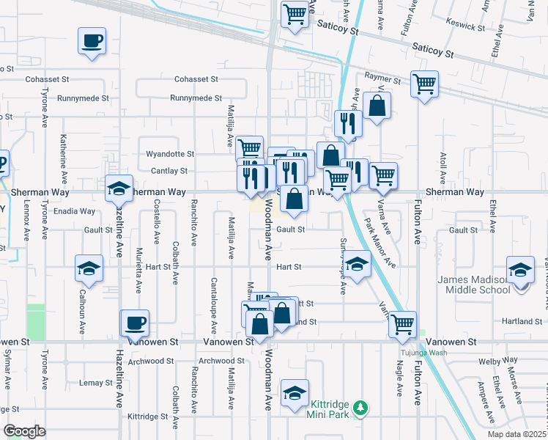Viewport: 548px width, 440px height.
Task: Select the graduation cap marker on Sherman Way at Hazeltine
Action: pyautogui.click(x=119, y=189)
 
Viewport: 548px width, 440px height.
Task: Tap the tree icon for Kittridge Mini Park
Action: pyautogui.click(x=360, y=406)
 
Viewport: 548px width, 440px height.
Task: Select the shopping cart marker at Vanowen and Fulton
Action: pyautogui.click(x=402, y=323)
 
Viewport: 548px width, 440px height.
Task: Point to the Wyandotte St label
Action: pyautogui.click(x=170, y=154)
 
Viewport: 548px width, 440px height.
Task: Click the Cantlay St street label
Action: pyautogui.click(x=169, y=171)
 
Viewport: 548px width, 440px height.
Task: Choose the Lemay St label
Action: pyautogui.click(x=91, y=383)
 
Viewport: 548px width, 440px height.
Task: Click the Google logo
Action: pyautogui.click(x=25, y=431)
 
